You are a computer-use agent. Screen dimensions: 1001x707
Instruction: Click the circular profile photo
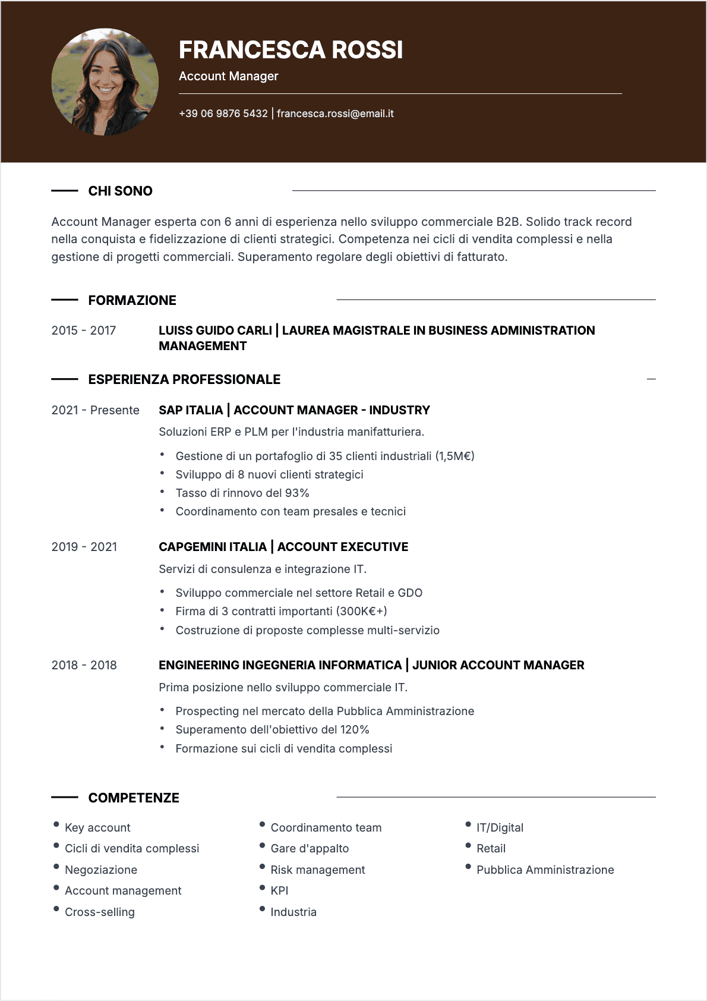[105, 82]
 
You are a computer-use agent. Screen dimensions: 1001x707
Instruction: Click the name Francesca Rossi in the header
[291, 50]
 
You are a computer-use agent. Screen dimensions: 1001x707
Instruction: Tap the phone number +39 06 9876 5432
[223, 114]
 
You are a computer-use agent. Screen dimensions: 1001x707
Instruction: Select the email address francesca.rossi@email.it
[335, 114]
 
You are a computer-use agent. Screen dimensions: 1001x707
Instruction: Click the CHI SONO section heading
[120, 191]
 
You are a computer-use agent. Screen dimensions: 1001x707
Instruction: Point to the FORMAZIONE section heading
[132, 300]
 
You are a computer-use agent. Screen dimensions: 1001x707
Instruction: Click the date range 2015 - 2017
[83, 330]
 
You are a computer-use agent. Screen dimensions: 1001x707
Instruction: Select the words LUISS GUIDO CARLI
[215, 330]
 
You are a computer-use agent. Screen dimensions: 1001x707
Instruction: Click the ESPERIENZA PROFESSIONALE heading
[184, 379]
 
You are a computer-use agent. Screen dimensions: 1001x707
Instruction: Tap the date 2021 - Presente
[95, 410]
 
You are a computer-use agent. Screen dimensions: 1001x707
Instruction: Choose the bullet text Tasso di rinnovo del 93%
[242, 493]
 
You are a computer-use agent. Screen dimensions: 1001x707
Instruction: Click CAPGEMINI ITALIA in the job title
[213, 547]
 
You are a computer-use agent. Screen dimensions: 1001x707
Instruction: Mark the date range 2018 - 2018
[84, 665]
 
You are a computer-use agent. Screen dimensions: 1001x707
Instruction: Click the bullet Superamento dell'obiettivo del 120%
[272, 729]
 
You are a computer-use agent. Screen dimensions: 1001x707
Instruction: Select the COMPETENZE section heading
[134, 798]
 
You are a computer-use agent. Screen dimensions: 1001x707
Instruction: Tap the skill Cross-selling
[100, 912]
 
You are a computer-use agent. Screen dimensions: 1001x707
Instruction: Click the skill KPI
[279, 890]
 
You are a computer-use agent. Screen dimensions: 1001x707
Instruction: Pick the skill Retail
[491, 848]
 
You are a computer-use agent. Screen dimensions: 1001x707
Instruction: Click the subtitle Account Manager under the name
[228, 76]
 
